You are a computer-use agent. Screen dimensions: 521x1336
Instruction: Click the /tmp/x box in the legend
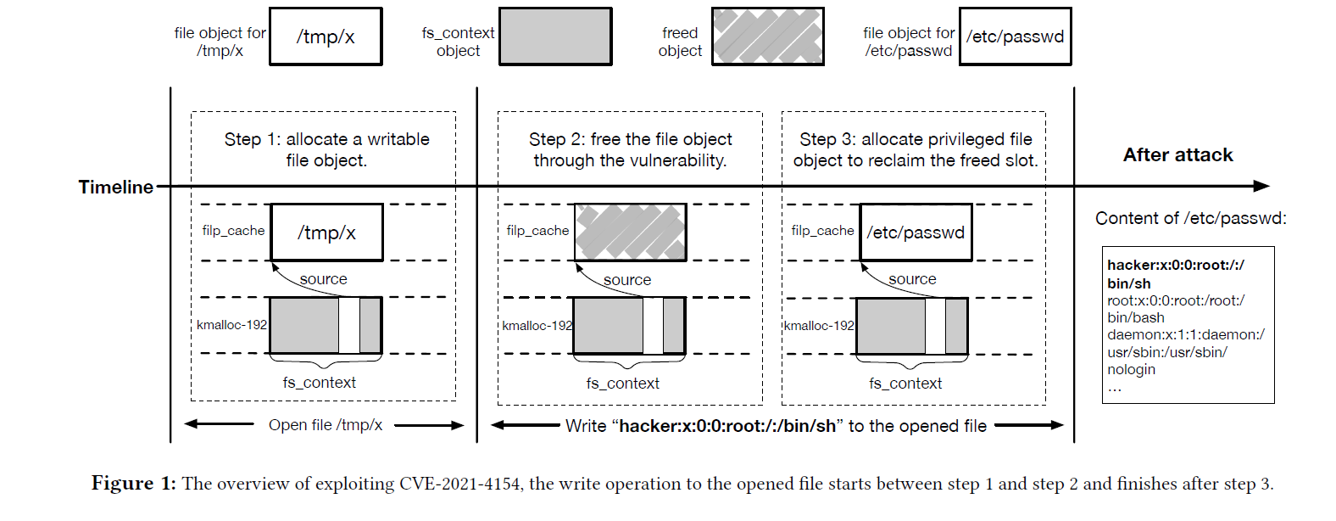pos(326,36)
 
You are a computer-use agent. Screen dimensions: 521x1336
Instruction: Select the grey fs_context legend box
pos(555,36)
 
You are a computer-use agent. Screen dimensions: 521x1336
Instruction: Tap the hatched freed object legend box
pos(767,36)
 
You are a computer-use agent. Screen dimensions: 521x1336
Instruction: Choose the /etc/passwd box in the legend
pos(1015,36)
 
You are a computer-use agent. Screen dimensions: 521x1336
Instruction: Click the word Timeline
pos(116,187)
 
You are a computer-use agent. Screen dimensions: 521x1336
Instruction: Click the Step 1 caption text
pos(326,149)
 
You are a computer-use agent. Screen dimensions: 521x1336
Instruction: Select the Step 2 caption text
pos(630,149)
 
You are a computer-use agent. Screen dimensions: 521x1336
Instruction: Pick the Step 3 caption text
pos(916,149)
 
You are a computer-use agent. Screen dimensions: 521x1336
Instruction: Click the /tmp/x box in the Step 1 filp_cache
pos(326,232)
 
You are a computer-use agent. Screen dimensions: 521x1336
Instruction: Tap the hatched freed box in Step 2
pos(630,232)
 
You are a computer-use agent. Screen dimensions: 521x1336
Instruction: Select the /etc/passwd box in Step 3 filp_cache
pos(916,232)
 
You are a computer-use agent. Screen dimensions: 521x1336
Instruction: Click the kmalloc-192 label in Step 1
pos(231,325)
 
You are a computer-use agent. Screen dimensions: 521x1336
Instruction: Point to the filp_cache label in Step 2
pos(537,231)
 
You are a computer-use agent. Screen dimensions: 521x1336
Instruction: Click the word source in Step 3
pos(912,279)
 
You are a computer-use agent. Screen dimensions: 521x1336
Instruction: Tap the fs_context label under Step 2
pos(622,384)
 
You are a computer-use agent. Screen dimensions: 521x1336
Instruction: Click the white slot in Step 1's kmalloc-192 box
pos(349,325)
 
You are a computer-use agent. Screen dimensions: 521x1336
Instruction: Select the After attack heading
pos(1177,155)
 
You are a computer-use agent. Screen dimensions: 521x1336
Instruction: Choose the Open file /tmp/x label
pos(326,425)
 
